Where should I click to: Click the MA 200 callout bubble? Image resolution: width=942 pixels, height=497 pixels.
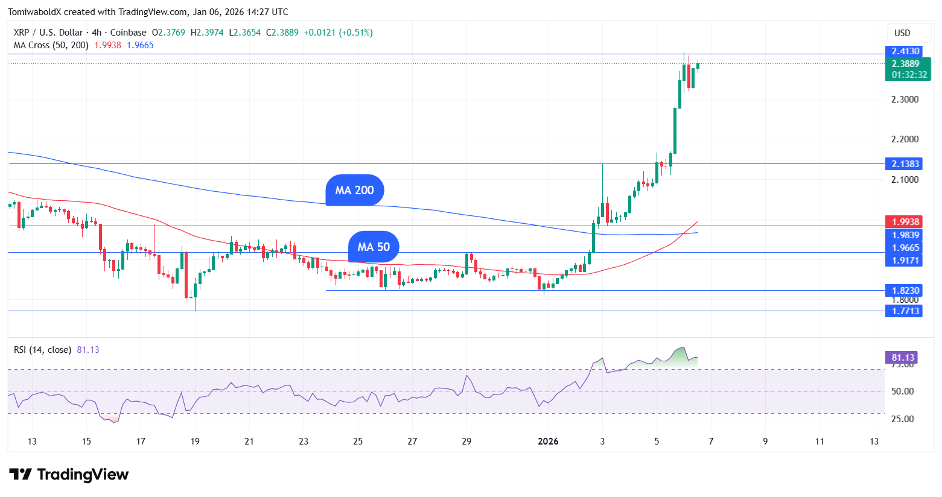coord(354,191)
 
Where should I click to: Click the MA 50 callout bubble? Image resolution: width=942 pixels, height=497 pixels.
coord(374,247)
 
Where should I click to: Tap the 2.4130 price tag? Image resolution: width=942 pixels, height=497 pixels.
coord(905,51)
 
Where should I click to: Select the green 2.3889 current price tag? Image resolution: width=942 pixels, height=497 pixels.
coord(905,64)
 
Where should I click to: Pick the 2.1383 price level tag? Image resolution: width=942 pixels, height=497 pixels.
coord(905,163)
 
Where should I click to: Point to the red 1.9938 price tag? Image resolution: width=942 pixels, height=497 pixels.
coord(905,222)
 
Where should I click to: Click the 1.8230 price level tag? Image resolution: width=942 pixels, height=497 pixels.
coord(905,290)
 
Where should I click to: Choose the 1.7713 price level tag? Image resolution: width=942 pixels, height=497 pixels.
coord(905,311)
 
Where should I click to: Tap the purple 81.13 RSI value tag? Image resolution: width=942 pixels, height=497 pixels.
coord(903,357)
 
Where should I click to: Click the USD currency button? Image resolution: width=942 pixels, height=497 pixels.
coord(902,33)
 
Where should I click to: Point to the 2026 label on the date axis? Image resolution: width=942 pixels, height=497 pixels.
coord(548,442)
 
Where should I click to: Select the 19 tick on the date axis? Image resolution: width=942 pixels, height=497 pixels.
coord(195,442)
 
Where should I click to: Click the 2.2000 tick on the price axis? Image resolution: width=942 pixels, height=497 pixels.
coord(905,139)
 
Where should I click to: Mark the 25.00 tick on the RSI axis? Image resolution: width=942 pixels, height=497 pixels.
coord(902,419)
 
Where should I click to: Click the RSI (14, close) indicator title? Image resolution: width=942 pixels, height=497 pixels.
coord(43,350)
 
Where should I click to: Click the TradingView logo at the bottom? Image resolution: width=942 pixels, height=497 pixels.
coord(69,475)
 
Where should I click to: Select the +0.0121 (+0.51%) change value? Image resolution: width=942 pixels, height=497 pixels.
coord(338,33)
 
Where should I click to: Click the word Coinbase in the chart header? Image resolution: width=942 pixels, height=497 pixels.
coord(128,33)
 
